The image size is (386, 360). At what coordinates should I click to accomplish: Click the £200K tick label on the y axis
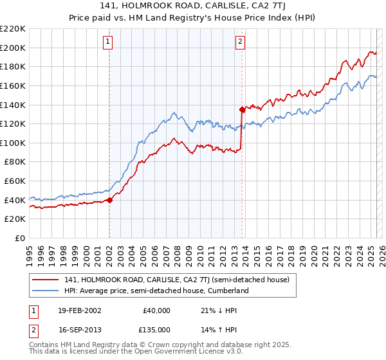[x=13, y=48]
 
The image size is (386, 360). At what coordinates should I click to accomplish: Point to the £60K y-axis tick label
[x=15, y=181]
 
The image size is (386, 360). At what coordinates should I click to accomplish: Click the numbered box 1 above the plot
[x=108, y=42]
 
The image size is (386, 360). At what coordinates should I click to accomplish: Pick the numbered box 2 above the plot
[x=240, y=42]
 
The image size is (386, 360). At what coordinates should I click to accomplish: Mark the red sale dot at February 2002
[x=109, y=200]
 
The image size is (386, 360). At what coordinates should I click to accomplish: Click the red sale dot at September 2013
[x=242, y=109]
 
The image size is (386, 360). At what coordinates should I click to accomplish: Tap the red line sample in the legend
[x=46, y=280]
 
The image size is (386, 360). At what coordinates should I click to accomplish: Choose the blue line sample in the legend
[x=46, y=291]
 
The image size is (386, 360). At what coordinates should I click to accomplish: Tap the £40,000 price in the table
[x=156, y=310]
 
